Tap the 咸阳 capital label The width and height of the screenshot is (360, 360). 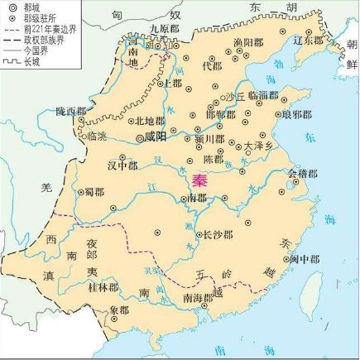155,137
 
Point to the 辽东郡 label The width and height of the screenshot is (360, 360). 308,39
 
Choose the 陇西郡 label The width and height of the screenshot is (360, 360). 71,111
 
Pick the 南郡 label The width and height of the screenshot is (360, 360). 196,199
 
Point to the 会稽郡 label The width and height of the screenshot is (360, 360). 302,173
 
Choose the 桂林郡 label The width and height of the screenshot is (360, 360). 103,287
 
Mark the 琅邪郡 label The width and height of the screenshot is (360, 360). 296,115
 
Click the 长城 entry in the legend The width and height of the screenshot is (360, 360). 32,61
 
